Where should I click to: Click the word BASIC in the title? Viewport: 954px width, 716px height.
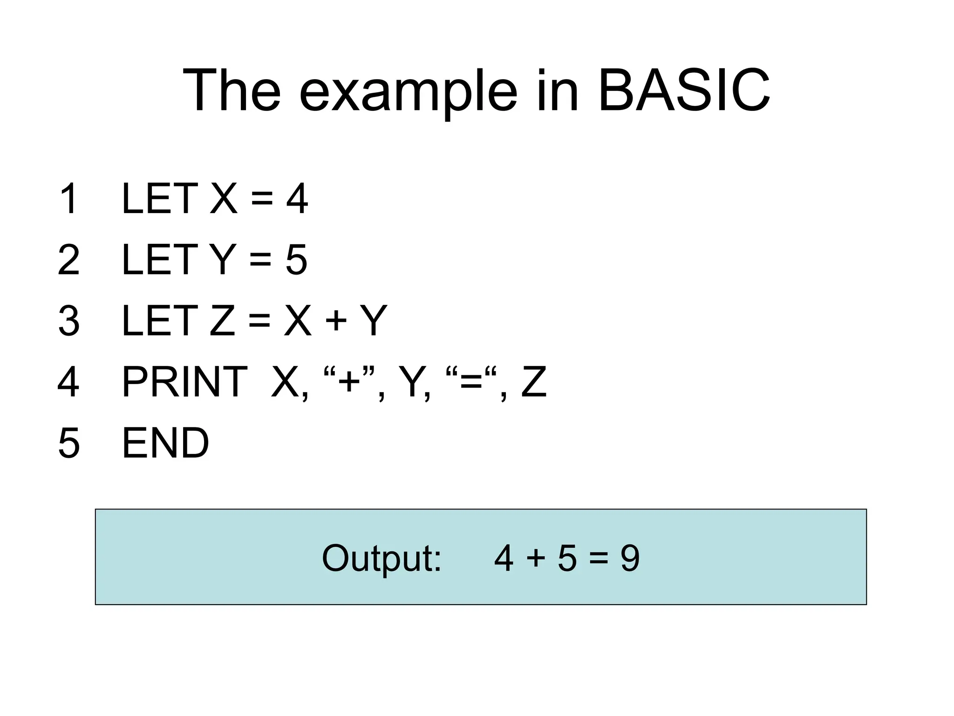point(683,90)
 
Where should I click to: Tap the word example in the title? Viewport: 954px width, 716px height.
point(408,91)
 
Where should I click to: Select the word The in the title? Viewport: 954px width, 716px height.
point(232,90)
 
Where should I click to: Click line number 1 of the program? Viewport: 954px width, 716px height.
point(69,199)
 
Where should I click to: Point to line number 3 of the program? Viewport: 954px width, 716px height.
point(69,321)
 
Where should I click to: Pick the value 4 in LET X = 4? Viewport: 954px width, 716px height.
point(297,199)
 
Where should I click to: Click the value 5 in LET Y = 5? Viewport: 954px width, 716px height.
point(296,260)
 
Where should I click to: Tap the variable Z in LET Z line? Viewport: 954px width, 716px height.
point(222,321)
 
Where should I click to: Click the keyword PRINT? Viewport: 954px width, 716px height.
point(184,382)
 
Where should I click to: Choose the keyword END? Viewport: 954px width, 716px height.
point(165,443)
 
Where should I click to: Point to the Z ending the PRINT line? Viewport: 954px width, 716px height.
point(533,382)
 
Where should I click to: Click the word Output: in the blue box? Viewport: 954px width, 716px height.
point(382,558)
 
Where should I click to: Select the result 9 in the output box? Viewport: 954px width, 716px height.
point(630,558)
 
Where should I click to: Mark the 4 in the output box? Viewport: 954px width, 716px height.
point(504,558)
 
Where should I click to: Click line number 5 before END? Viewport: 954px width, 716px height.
point(69,443)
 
